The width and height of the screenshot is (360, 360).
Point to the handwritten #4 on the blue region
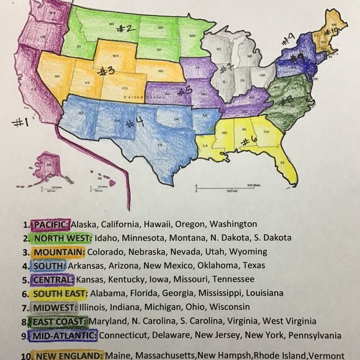(135, 121)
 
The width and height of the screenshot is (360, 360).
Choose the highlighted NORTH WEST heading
(62, 238)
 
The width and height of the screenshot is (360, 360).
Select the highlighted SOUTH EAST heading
(61, 292)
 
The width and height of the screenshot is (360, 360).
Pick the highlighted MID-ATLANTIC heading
(67, 335)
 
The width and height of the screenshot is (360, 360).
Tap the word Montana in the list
(186, 238)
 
